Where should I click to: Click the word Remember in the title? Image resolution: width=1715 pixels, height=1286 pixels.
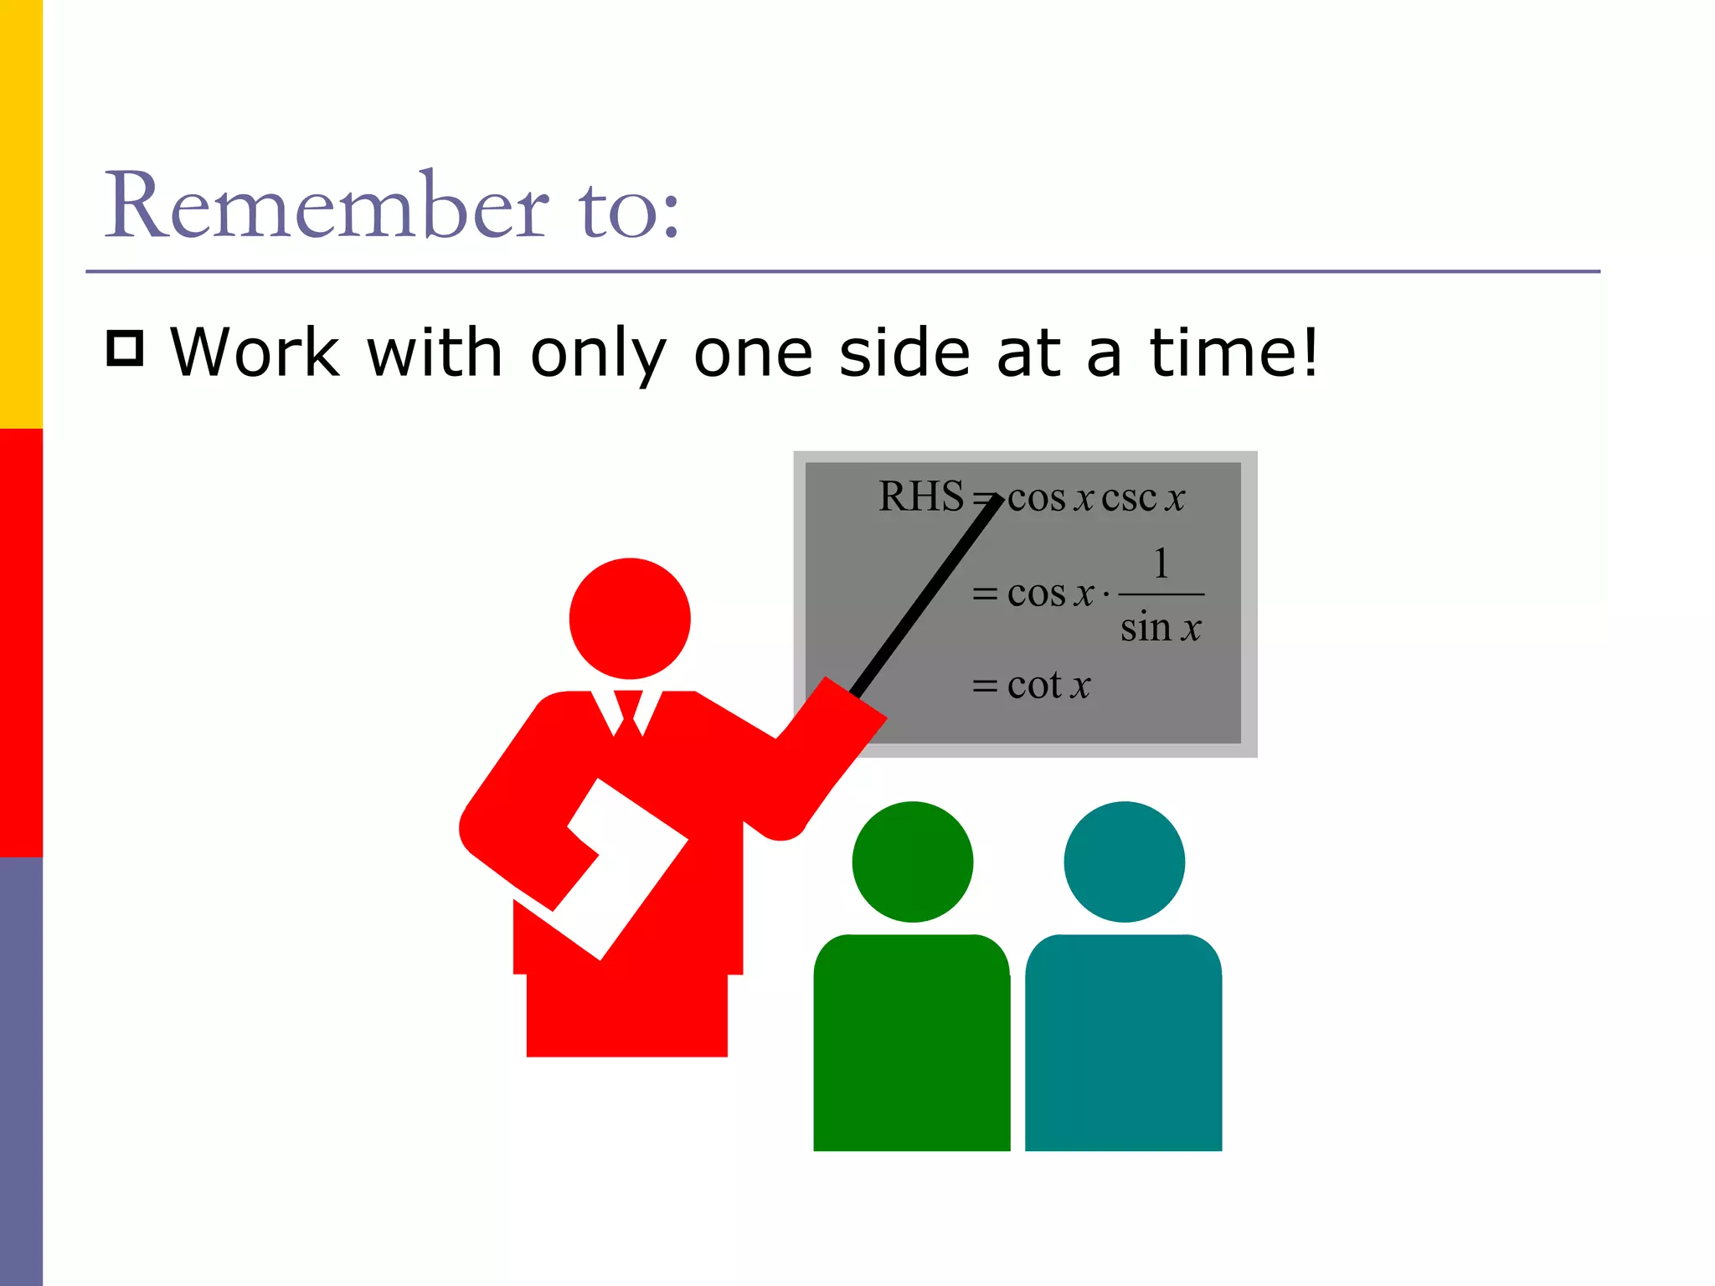click(x=327, y=206)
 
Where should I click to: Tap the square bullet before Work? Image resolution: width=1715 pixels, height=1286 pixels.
click(x=125, y=348)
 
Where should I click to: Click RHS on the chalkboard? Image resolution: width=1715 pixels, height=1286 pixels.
click(x=920, y=496)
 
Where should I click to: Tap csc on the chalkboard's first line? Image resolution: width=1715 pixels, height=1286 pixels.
click(x=1129, y=498)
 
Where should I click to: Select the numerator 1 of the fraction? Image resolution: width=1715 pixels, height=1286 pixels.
click(x=1161, y=563)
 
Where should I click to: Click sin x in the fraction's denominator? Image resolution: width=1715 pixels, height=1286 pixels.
click(x=1161, y=628)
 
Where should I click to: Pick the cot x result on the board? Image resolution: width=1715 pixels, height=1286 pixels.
click(x=1048, y=686)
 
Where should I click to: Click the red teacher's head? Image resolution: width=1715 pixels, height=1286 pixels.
click(x=630, y=619)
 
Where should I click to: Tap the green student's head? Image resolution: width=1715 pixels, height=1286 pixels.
click(x=913, y=862)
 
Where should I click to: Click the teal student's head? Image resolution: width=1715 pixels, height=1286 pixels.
click(x=1124, y=862)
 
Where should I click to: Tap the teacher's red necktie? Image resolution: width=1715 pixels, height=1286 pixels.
click(x=627, y=711)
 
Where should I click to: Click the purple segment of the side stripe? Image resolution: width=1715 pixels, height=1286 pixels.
click(x=21, y=1072)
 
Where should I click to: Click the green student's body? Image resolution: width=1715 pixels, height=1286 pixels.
click(x=911, y=1047)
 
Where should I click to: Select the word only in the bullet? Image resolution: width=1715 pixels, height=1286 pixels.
click(x=598, y=353)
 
